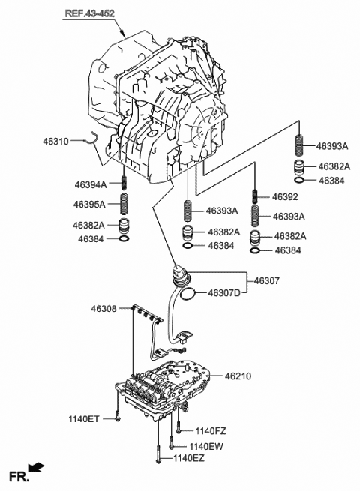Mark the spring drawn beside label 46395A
(124, 203)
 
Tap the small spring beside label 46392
(256, 196)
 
